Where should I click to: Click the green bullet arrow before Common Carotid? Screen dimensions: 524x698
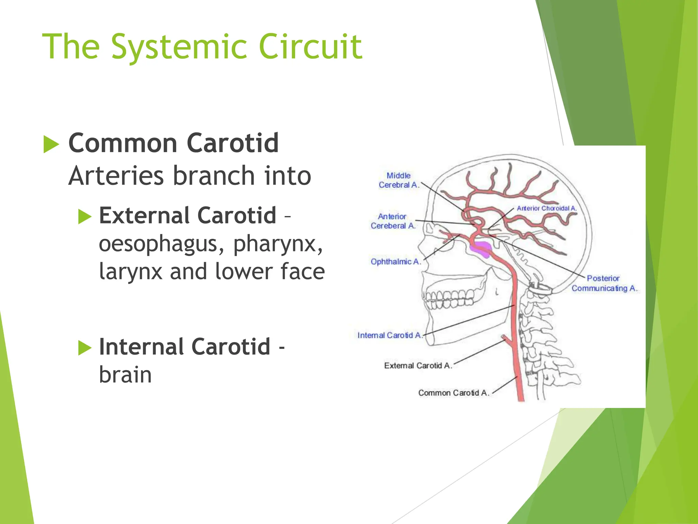pos(51,144)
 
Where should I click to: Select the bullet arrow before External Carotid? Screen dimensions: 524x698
pos(85,217)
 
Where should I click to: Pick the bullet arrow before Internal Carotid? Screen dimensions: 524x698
pos(85,348)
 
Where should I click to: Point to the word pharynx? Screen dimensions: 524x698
pos(277,244)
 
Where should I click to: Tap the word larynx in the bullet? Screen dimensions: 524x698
pos(130,272)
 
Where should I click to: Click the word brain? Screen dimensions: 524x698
pos(125,375)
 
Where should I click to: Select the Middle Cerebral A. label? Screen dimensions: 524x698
pos(398,180)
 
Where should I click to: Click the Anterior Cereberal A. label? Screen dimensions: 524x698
pos(393,221)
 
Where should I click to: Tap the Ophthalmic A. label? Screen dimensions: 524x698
pos(396,262)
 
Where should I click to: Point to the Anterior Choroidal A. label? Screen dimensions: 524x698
pos(546,208)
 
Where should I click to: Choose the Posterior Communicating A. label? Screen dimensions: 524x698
pos(604,283)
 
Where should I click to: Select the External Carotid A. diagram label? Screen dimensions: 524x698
pos(418,366)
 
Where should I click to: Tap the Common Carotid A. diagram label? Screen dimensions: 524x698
pos(453,393)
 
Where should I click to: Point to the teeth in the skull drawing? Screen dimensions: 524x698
pos(448,299)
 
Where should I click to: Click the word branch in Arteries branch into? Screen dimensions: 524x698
pos(214,176)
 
